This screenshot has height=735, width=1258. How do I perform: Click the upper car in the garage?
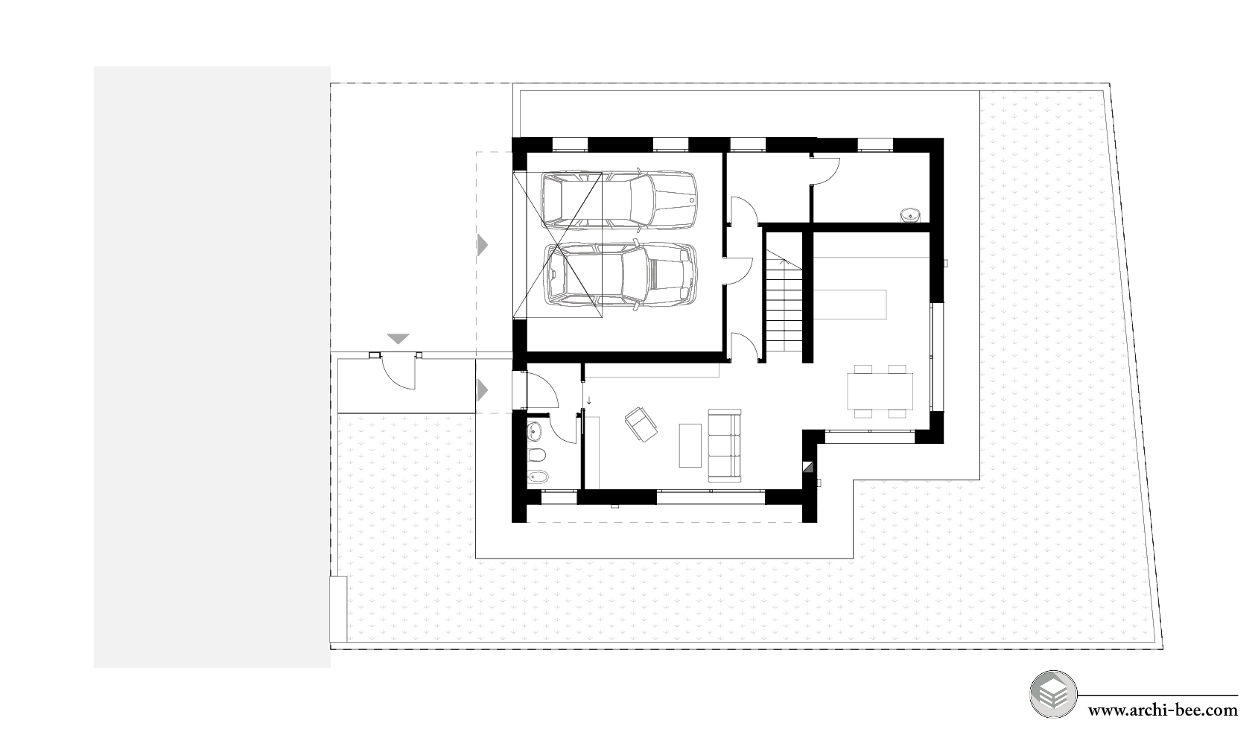click(619, 200)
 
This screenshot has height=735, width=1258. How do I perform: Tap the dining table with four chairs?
click(880, 392)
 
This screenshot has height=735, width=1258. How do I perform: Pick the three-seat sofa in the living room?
click(725, 445)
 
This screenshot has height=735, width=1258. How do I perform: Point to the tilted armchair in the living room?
click(641, 424)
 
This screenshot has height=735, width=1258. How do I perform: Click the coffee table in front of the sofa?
click(690, 445)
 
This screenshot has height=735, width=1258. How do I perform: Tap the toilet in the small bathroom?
click(537, 454)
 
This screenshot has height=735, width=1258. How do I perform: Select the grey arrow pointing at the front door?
click(482, 390)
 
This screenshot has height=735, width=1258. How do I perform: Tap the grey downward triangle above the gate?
click(398, 339)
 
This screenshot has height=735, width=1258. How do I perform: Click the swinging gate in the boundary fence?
click(398, 371)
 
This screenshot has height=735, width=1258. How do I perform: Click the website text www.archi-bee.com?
click(1163, 711)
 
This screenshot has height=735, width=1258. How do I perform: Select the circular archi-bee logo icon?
click(1054, 695)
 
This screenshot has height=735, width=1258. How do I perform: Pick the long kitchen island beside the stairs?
click(849, 305)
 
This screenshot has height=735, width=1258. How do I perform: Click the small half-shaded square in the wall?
click(807, 467)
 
